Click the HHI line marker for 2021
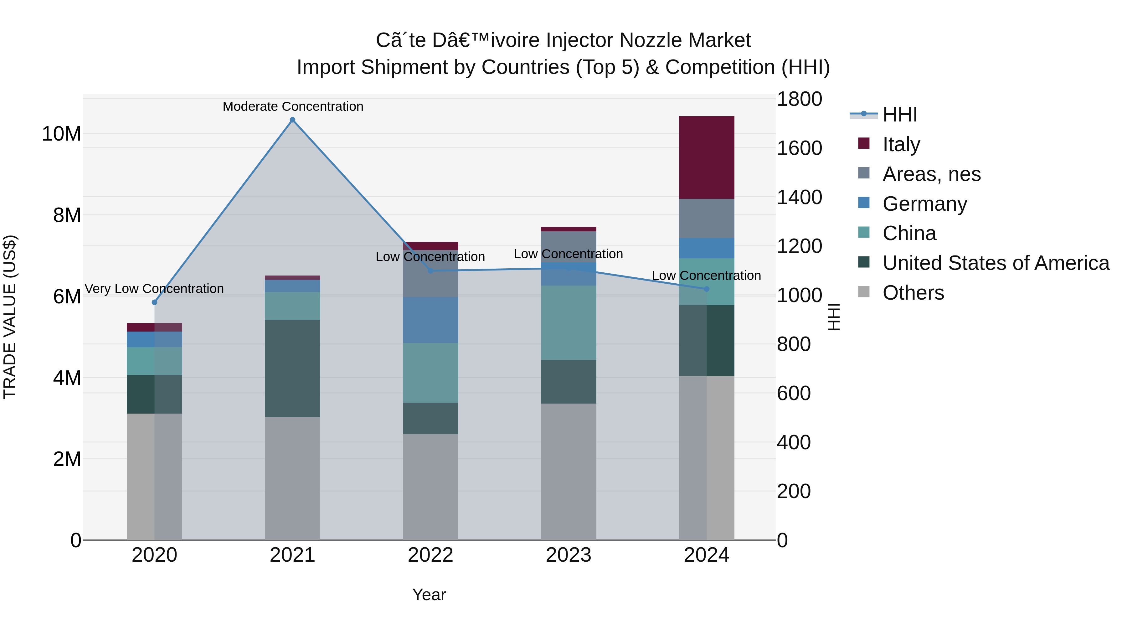pos(293,120)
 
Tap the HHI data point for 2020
pos(154,302)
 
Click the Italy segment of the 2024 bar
pos(707,157)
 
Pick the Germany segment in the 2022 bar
pos(430,320)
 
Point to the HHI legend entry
pos(899,115)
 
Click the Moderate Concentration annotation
pos(293,106)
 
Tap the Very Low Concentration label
pos(154,289)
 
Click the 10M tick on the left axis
pos(61,134)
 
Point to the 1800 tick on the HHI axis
pos(799,99)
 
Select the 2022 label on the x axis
pos(430,555)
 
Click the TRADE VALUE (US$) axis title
pos(10,317)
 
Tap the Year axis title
pos(429,595)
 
